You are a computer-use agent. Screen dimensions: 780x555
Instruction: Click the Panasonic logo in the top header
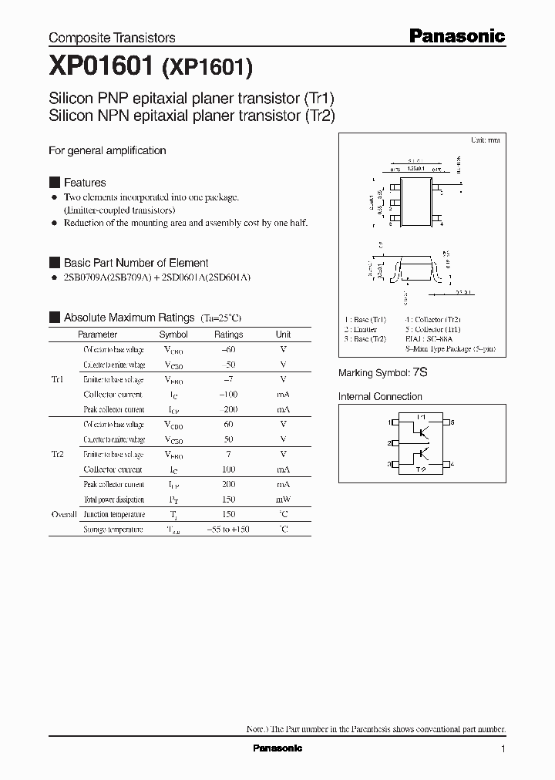coord(456,35)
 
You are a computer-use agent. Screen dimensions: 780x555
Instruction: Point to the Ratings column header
coord(228,335)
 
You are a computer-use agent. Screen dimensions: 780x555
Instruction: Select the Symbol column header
coord(173,335)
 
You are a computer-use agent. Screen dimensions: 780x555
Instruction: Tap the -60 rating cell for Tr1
coord(228,350)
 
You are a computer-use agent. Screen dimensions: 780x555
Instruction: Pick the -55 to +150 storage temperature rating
coord(228,530)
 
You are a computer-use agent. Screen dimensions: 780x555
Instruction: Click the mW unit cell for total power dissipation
coord(283,499)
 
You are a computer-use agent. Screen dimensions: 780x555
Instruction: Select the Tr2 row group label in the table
coord(58,455)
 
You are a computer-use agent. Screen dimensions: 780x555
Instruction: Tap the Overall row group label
coord(63,514)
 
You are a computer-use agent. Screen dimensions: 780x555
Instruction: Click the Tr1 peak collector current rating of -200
coord(228,410)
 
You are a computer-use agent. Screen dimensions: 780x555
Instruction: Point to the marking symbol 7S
coord(420,372)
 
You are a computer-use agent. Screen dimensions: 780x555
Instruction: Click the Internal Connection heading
coord(380,397)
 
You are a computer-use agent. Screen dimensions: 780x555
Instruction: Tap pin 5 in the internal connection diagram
coord(452,422)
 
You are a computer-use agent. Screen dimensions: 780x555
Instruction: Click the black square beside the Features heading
coord(54,183)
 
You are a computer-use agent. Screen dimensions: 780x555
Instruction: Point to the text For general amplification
coord(107,151)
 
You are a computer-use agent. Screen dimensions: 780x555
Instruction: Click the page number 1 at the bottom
coord(503,748)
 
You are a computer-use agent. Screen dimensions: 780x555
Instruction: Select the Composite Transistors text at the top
coord(112,37)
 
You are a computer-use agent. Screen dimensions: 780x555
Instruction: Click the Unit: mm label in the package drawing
coord(485,140)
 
